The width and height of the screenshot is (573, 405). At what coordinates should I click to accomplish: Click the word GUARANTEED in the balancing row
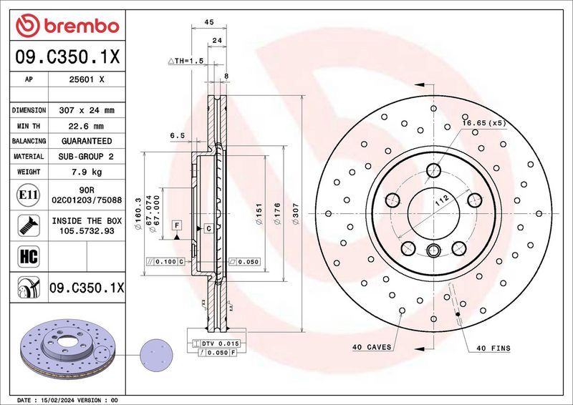click(87, 141)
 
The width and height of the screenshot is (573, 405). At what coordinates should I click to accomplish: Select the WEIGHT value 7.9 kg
click(87, 172)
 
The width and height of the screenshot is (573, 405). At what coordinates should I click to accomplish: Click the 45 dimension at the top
click(209, 23)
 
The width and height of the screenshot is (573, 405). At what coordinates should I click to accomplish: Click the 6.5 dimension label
click(178, 135)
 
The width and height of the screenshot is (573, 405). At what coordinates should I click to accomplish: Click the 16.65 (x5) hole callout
click(483, 123)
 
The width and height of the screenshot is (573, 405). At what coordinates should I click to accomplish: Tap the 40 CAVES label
click(371, 347)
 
